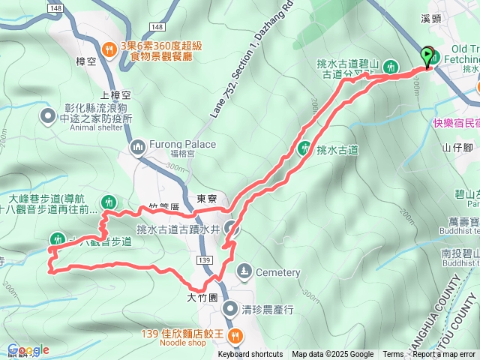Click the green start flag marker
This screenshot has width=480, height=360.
[x=429, y=56]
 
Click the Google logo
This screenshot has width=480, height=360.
[x=28, y=350]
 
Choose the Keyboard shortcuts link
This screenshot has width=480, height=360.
[x=251, y=355]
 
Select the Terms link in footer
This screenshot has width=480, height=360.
[x=393, y=355]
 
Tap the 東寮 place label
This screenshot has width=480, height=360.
[x=206, y=199]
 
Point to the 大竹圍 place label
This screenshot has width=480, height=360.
[x=202, y=297]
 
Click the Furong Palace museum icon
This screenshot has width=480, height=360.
[x=138, y=145]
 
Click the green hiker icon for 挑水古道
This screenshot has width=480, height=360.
[x=304, y=148]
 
